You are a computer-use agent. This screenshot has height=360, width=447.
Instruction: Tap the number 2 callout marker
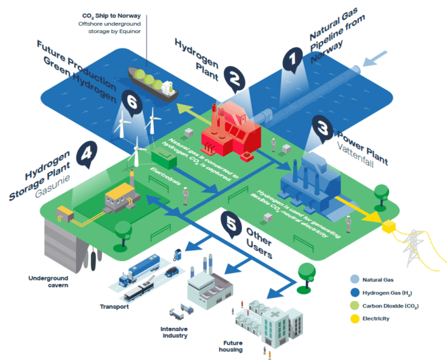233,79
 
